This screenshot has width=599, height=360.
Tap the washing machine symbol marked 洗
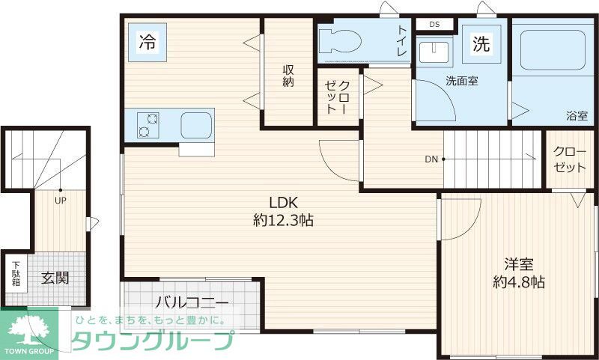pyautogui.click(x=479, y=43)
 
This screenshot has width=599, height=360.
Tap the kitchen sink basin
pyautogui.click(x=196, y=124)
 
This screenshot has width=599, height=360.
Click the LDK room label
pyautogui.click(x=284, y=202)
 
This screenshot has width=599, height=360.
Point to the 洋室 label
pyautogui.click(x=518, y=264)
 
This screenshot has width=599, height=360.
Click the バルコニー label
pyautogui.click(x=192, y=303)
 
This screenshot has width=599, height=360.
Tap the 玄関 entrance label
pyautogui.click(x=55, y=278)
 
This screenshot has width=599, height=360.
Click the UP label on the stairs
pyautogui.click(x=58, y=200)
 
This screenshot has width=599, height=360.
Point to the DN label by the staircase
pyautogui.click(x=431, y=159)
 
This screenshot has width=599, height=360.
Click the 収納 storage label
pyautogui.click(x=288, y=76)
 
